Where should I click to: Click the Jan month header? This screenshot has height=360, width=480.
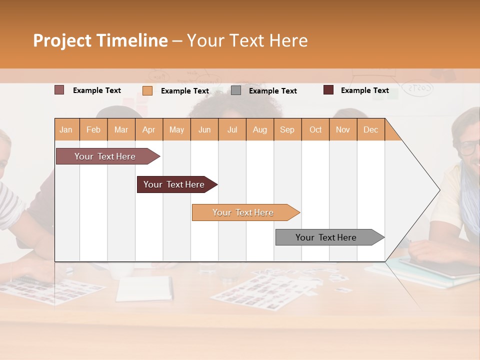(66, 129)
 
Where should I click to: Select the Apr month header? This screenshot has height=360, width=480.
(148, 129)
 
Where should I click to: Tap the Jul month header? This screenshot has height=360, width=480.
(232, 129)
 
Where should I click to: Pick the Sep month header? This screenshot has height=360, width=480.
(287, 129)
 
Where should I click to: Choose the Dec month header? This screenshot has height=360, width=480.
(370, 129)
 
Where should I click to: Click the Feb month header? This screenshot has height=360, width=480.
(93, 129)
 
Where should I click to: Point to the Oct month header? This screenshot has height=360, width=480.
(315, 129)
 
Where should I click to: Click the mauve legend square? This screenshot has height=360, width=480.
(59, 90)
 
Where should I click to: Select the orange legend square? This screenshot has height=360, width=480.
(147, 90)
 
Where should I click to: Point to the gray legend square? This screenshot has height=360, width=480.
(236, 90)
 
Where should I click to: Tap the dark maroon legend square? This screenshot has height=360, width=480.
(328, 90)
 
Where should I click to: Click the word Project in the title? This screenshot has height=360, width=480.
(62, 40)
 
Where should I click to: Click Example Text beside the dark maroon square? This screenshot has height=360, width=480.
(364, 90)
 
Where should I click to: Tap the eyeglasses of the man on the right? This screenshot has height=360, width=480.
(469, 147)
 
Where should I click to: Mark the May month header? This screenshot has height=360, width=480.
(176, 129)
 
